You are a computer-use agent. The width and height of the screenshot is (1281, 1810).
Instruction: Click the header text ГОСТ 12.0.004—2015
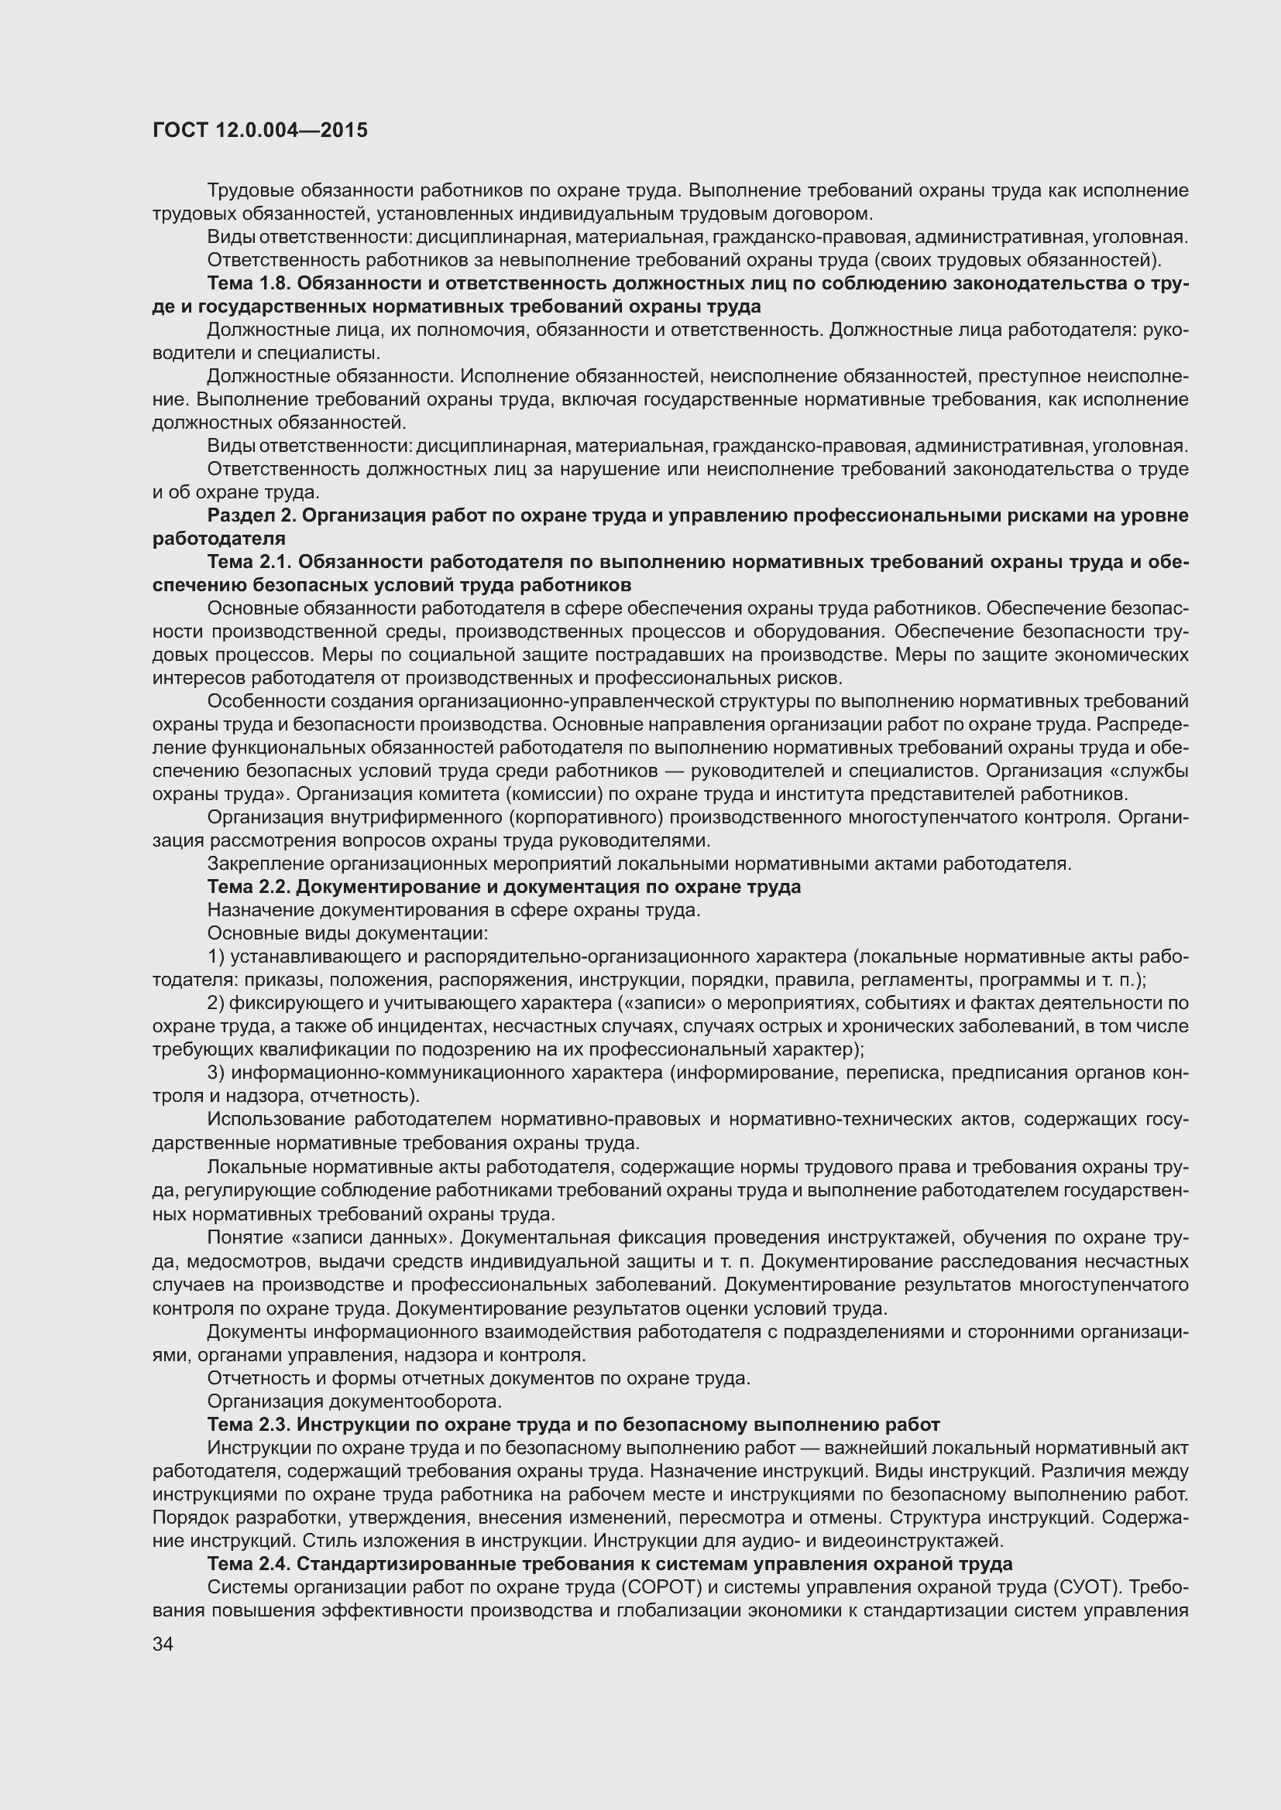pos(259,130)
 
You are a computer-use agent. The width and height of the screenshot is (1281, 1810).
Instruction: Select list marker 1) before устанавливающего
pos(217,957)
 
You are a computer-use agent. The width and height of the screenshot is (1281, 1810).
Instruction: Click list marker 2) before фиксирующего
pos(217,1004)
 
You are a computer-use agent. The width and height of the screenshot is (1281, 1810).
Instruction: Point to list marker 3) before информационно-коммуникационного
pos(217,1073)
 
